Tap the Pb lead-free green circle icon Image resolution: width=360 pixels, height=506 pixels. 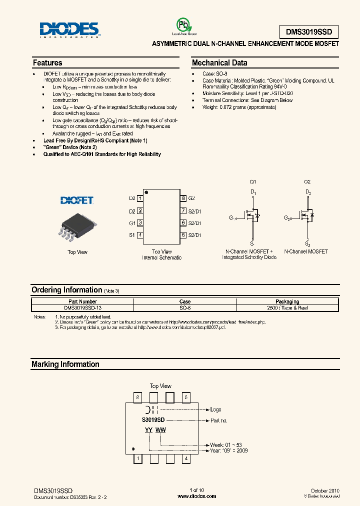click(182, 25)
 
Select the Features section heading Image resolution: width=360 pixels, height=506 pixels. click(47, 63)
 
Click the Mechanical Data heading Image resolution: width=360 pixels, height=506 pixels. click(219, 63)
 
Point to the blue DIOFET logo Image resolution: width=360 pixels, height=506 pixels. click(77, 200)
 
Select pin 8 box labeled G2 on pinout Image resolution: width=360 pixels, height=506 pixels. click(183, 198)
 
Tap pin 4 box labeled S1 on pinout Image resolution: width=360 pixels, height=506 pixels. click(140, 235)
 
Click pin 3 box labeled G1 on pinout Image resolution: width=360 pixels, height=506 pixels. click(140, 223)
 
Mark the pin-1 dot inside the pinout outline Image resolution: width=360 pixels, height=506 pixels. click(146, 192)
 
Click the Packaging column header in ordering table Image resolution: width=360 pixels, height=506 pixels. click(287, 301)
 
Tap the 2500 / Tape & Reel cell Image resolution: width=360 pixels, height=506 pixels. click(287, 308)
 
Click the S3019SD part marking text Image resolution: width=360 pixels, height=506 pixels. click(153, 420)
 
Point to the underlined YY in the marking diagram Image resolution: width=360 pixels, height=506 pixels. click(148, 430)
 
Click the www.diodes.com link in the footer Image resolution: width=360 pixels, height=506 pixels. click(197, 496)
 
